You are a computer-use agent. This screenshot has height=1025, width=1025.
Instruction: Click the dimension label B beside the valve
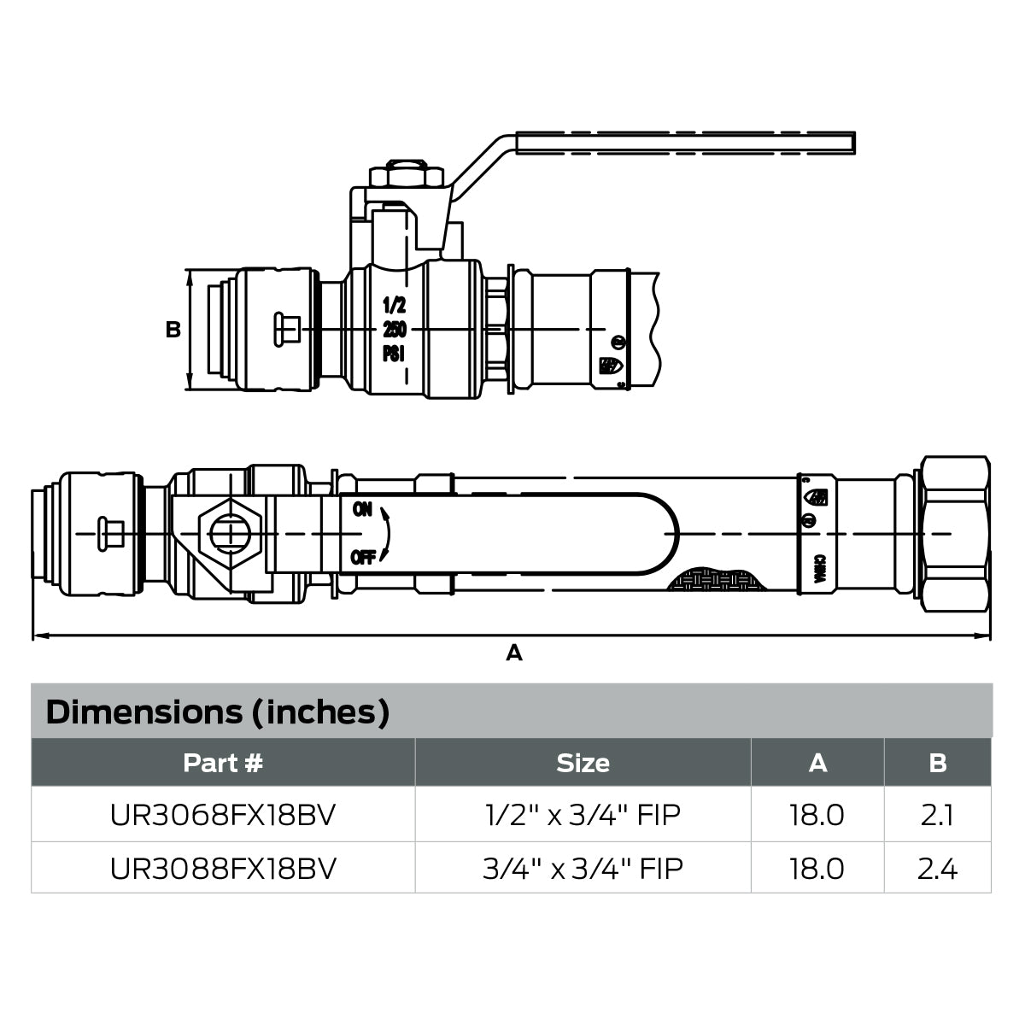point(173,330)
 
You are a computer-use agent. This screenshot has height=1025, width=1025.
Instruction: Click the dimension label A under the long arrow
point(513,653)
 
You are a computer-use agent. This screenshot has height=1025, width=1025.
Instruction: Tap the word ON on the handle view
point(362,509)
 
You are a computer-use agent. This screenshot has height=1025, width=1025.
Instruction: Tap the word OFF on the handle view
point(363,559)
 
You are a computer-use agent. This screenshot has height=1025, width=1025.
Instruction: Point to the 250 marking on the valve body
point(394,330)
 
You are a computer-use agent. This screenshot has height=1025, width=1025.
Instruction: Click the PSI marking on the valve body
point(394,354)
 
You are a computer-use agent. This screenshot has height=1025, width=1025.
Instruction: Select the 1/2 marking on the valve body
point(394,305)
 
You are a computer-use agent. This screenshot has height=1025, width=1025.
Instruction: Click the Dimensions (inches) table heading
point(218,712)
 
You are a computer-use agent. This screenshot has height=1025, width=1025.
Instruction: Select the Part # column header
point(223,763)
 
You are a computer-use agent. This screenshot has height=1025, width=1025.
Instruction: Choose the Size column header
point(583,763)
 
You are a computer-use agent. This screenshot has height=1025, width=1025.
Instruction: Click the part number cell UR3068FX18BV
point(223,815)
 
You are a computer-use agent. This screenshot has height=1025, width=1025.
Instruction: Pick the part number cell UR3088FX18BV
point(223,869)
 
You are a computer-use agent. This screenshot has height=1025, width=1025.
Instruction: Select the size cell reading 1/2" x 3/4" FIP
point(583,815)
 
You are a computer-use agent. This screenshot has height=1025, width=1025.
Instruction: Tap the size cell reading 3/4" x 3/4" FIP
point(583,869)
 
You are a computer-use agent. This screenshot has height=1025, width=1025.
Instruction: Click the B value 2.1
point(937,815)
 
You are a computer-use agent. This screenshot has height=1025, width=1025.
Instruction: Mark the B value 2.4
point(937,869)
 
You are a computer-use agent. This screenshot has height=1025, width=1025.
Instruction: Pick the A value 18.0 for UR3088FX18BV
point(817,869)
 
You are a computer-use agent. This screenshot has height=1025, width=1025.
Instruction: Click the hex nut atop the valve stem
point(407,175)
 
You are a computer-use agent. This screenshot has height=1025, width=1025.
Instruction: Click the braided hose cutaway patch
point(715,581)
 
